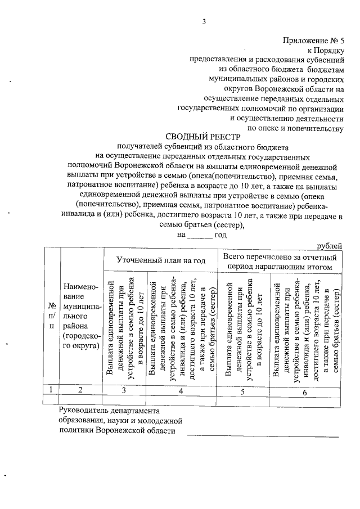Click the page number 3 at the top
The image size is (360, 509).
click(x=205, y=22)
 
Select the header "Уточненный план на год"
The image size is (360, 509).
click(x=161, y=260)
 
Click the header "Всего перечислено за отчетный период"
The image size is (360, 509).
click(x=281, y=260)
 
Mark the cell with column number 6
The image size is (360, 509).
click(x=304, y=392)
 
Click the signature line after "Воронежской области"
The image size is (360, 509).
click(x=263, y=435)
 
